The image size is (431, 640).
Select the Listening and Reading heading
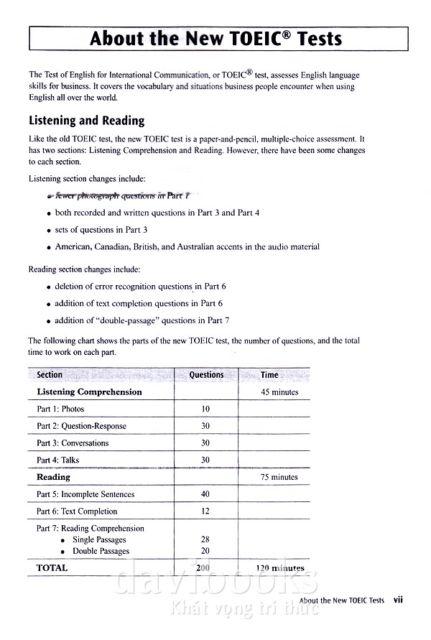tap(86, 121)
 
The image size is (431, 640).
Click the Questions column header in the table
tap(206, 375)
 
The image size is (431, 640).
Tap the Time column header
tap(269, 375)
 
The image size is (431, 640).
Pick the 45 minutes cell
tap(279, 392)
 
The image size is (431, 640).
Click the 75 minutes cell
tap(279, 477)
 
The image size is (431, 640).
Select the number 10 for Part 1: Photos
tap(205, 409)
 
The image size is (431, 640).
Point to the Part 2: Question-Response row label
tap(81, 426)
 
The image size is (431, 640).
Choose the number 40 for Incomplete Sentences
tap(205, 494)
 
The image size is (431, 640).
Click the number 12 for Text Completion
tap(205, 511)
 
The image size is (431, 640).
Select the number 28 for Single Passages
tap(205, 539)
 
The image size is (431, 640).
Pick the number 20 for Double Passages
tap(205, 551)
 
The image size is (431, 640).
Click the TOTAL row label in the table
tap(52, 567)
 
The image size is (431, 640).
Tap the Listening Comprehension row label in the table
tap(89, 392)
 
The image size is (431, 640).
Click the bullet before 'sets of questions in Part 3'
tap(47, 231)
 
